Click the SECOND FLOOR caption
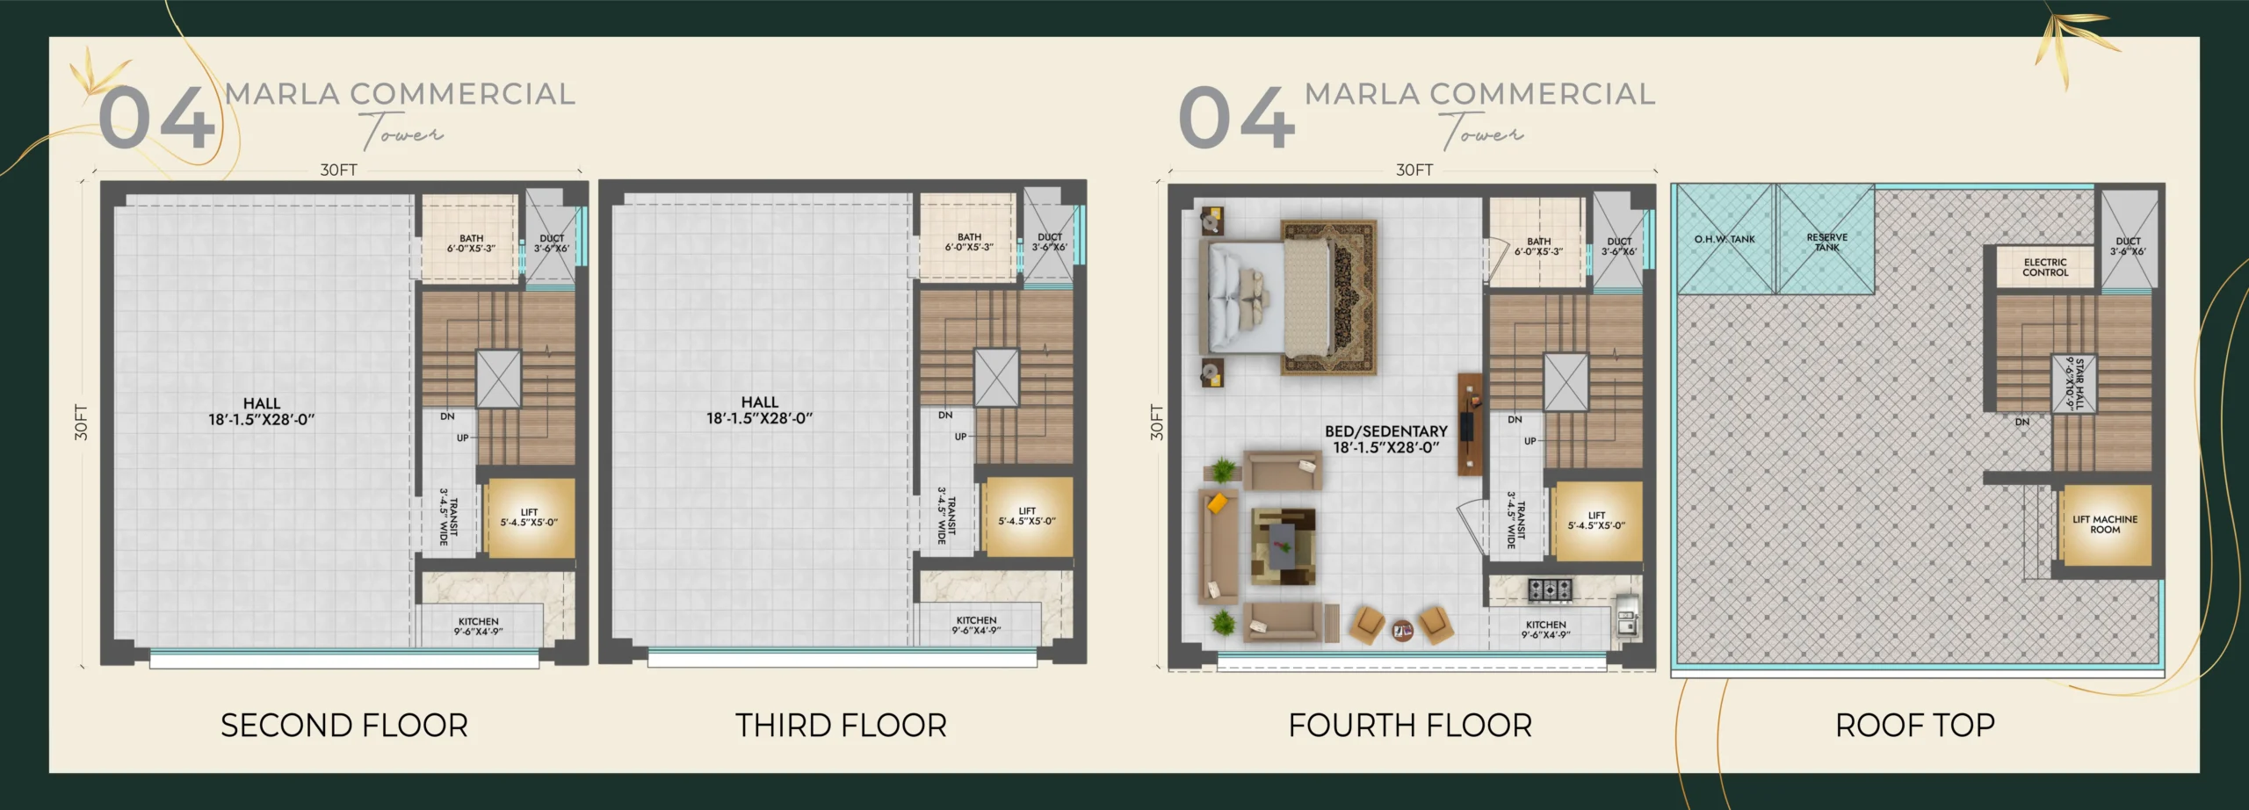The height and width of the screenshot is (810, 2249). pyautogui.click(x=344, y=726)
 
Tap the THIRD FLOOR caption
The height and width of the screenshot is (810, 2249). pyautogui.click(x=842, y=726)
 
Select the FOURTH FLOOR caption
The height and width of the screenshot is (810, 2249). pyautogui.click(x=1410, y=726)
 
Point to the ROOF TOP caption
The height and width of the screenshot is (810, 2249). pyautogui.click(x=1915, y=726)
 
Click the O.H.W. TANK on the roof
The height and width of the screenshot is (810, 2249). pyautogui.click(x=1725, y=239)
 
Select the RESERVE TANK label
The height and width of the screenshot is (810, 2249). pyautogui.click(x=1827, y=242)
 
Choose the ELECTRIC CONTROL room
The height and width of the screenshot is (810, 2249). pyautogui.click(x=2045, y=267)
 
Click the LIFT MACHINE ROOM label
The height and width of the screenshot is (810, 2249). pyautogui.click(x=2105, y=524)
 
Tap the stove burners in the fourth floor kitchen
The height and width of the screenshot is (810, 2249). pyautogui.click(x=1550, y=589)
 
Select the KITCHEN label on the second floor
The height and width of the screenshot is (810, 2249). pyautogui.click(x=478, y=626)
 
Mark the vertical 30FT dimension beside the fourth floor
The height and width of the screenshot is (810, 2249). pyautogui.click(x=1156, y=422)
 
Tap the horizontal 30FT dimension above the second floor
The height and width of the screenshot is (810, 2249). pyautogui.click(x=338, y=170)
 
